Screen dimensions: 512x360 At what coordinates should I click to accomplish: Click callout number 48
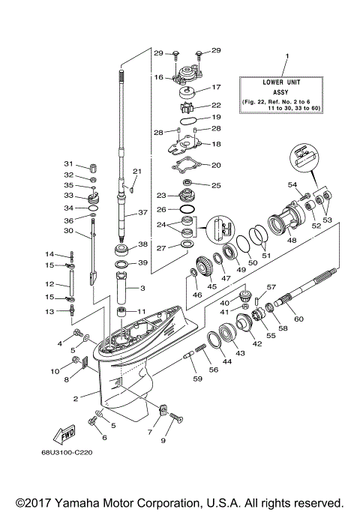click(292, 241)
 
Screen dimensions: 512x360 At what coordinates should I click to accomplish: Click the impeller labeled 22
click(187, 106)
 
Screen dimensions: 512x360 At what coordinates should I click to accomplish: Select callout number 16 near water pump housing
click(158, 77)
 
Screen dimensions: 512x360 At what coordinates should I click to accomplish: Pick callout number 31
click(67, 165)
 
